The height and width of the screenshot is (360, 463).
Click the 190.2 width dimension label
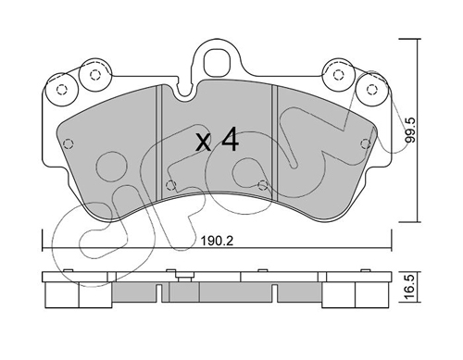tap(217, 241)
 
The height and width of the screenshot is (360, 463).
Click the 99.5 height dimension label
tap(410, 130)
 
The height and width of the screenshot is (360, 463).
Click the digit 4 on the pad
tap(230, 139)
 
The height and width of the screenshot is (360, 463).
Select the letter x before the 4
tap(204, 143)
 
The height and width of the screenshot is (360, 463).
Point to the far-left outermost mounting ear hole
tap(62, 90)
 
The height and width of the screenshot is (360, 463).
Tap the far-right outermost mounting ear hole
tap(372, 89)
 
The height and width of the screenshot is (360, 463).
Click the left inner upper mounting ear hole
tap(94, 75)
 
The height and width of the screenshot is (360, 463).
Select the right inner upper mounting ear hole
tap(339, 74)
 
